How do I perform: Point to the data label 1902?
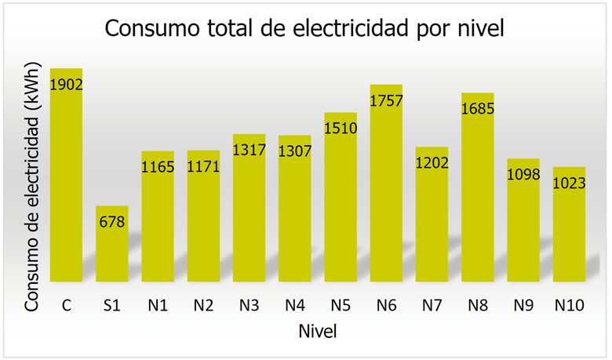click(x=66, y=84)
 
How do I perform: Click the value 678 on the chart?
click(x=111, y=221)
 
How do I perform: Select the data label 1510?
click(x=341, y=128)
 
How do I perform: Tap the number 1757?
click(x=386, y=100)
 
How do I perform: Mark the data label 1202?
click(x=432, y=162)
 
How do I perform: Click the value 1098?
click(x=523, y=174)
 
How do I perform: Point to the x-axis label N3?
click(x=249, y=305)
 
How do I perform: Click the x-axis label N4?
click(x=294, y=305)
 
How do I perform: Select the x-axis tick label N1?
click(x=157, y=305)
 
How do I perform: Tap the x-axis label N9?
click(x=523, y=305)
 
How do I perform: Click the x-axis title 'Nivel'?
click(x=318, y=332)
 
